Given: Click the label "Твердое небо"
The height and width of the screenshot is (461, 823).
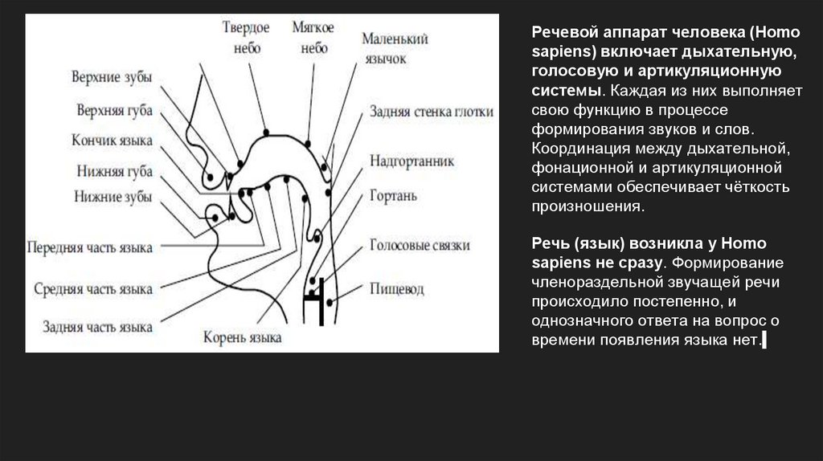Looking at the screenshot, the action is pyautogui.click(x=245, y=38).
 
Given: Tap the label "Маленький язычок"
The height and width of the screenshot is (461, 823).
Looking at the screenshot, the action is pyautogui.click(x=395, y=48).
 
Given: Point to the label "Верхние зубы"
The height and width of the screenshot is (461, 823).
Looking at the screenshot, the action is pyautogui.click(x=111, y=78).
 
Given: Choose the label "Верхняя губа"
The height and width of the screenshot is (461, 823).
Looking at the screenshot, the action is pyautogui.click(x=113, y=109).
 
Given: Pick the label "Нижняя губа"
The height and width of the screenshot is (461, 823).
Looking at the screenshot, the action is pyautogui.click(x=113, y=172).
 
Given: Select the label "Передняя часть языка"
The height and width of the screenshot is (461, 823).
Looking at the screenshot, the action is pyautogui.click(x=89, y=247).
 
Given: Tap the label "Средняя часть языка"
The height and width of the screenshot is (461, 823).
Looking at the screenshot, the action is pyautogui.click(x=93, y=288).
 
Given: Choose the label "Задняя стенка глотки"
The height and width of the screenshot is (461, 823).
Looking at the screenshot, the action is pyautogui.click(x=432, y=112).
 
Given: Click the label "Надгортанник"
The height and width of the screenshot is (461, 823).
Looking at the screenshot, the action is pyautogui.click(x=411, y=161).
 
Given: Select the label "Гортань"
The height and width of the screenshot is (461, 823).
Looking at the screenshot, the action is pyautogui.click(x=392, y=195).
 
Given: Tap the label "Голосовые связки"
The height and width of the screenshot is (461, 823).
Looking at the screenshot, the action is pyautogui.click(x=420, y=245).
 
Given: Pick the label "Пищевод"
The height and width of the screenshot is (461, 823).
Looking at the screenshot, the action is pyautogui.click(x=397, y=288).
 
